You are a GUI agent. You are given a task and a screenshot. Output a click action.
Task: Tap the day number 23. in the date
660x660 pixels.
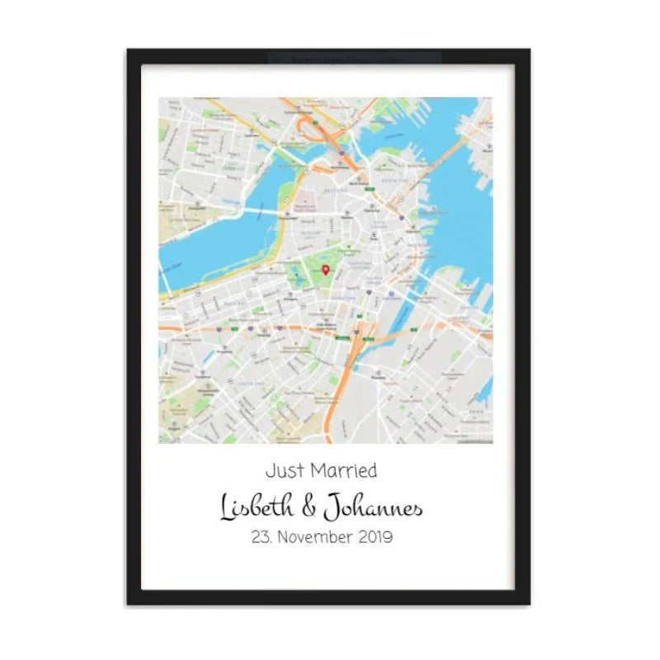[x=261, y=537]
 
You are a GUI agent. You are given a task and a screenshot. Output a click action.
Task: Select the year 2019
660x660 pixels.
[x=375, y=537]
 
